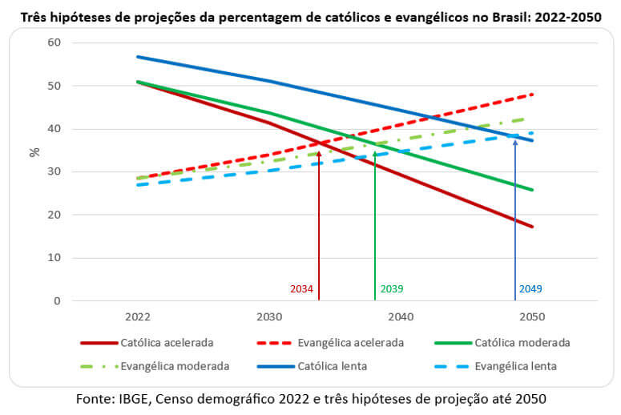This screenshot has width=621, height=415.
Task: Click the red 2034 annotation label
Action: [x=302, y=289]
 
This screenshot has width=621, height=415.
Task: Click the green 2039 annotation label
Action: [x=392, y=289]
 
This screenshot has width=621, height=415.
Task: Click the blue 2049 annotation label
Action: [x=530, y=289]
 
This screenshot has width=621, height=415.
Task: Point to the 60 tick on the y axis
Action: [x=54, y=42]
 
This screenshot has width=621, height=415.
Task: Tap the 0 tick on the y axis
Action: [x=57, y=301]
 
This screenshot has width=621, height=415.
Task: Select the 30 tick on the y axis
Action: [x=54, y=172]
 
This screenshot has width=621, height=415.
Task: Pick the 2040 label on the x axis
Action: [x=400, y=317]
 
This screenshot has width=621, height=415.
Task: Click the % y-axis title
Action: [x=34, y=151]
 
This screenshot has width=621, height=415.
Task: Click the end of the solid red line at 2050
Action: [x=532, y=227]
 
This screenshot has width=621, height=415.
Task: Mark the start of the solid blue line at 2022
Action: [x=138, y=57]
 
